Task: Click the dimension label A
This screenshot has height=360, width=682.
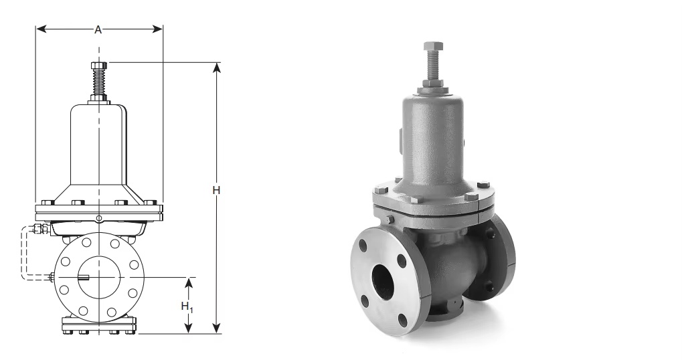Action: (98, 29)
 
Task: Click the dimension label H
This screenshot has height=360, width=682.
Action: (216, 191)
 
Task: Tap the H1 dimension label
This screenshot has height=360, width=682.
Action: (187, 307)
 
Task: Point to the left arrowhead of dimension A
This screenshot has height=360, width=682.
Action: (41, 29)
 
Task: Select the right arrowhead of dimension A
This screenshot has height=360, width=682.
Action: (157, 29)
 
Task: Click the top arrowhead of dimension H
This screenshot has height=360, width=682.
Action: (217, 68)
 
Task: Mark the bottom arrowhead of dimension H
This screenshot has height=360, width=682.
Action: (217, 329)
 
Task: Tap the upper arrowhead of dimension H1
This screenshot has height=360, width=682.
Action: (188, 283)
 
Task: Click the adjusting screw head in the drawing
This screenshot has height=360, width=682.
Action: (99, 66)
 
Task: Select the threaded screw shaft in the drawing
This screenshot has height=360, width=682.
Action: (99, 82)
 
